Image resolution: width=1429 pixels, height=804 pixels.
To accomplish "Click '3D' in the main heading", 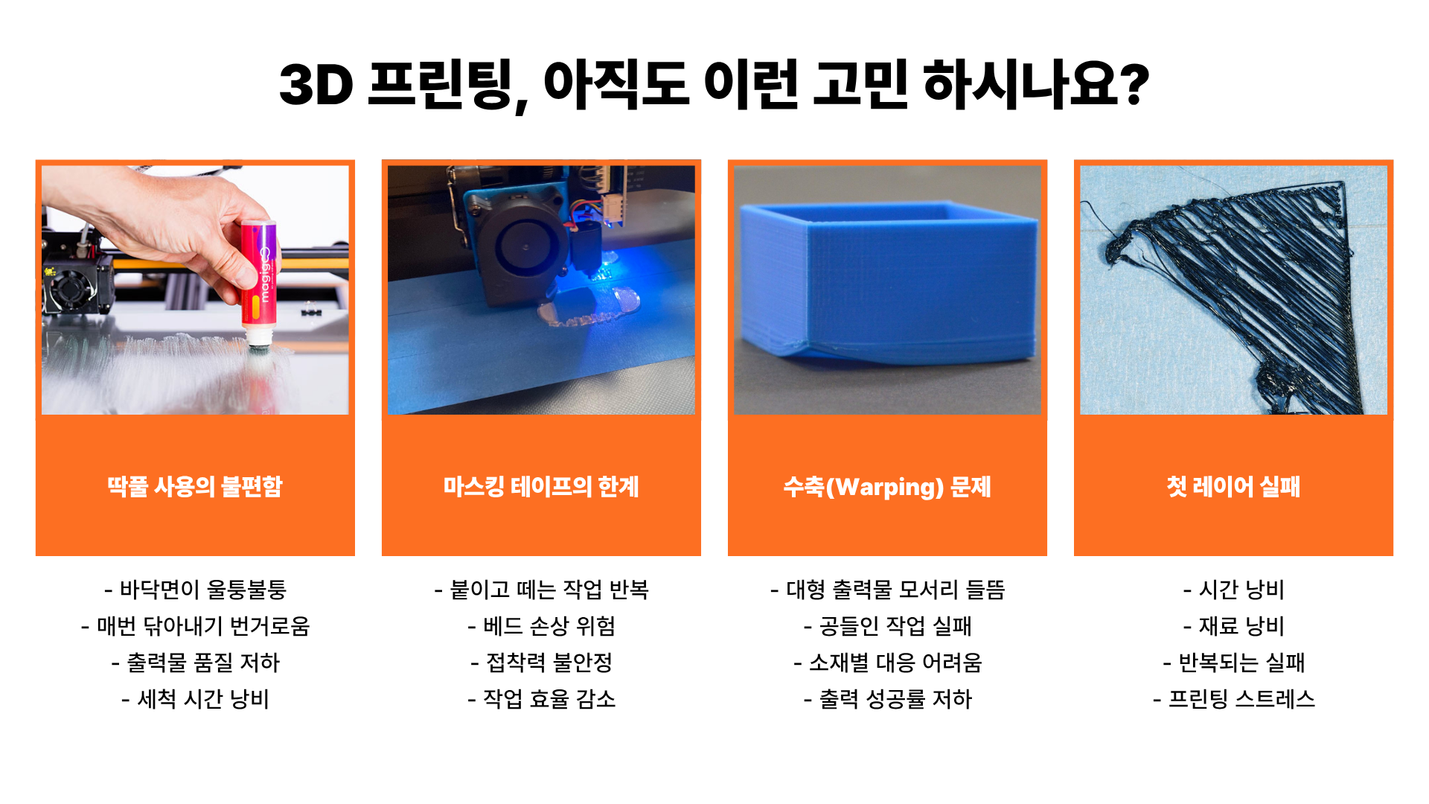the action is coord(316,84).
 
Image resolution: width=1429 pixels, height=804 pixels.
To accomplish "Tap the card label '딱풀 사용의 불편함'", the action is coord(195,486).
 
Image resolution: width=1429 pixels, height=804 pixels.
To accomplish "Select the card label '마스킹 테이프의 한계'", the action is coord(541,486).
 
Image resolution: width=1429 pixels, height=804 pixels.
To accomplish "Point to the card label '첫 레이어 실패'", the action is coord(1233,486).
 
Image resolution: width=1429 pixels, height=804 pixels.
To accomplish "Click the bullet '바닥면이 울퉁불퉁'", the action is coord(195,590).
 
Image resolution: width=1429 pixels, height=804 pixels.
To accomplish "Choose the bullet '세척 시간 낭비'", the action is coord(195,699).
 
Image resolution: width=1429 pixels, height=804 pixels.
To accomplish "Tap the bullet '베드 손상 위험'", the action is coord(541,626).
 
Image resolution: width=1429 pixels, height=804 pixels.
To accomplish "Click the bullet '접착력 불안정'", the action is coord(541,663).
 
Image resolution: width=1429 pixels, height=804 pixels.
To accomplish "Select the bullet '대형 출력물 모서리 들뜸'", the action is coord(887,590).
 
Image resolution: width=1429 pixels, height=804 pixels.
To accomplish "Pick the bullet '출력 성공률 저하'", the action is coord(887,699).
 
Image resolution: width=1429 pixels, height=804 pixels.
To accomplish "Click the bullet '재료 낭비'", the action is coord(1233,626).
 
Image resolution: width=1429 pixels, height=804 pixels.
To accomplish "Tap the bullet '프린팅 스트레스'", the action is coord(1233,699).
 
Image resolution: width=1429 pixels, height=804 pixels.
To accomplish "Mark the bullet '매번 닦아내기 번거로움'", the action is coord(195,626).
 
